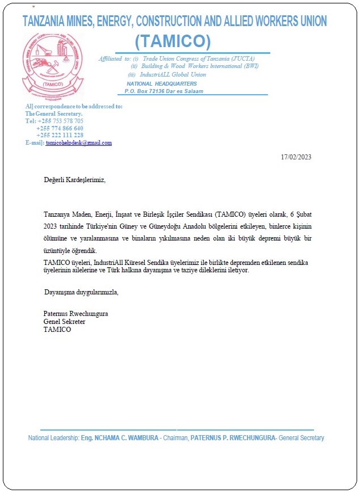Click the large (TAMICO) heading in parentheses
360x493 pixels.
pos(173,41)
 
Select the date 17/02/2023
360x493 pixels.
pos(296,157)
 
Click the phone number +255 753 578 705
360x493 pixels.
pos(60,121)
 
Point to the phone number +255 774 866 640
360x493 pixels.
pos(60,128)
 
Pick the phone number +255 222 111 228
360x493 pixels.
pos(60,136)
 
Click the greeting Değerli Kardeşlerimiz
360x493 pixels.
pos(74,180)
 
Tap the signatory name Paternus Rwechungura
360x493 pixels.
pos(76,314)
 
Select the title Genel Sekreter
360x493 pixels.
pos(64,322)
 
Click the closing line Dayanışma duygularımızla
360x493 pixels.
pos(81,292)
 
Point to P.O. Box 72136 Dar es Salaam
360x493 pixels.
pos(164,91)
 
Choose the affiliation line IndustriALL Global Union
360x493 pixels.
pos(174,75)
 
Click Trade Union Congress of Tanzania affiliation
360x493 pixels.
pos(199,58)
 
